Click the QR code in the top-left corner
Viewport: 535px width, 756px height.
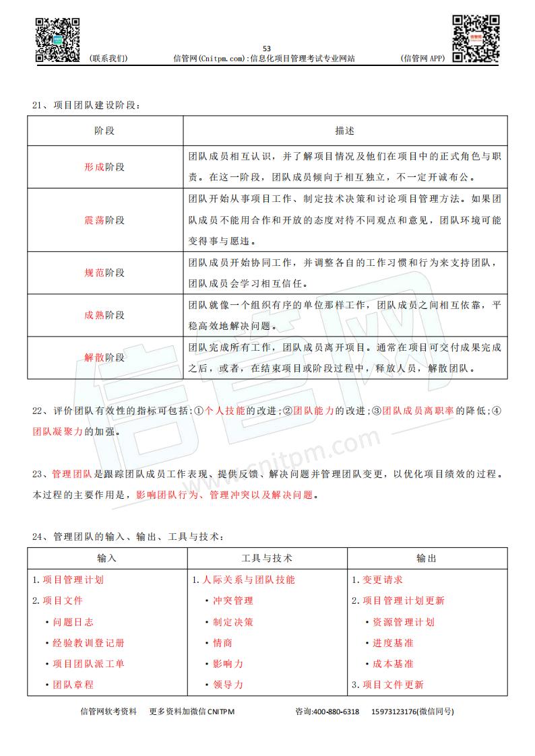[58, 40]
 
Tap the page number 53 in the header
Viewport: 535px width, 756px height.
[266, 48]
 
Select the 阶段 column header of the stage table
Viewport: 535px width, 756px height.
[104, 131]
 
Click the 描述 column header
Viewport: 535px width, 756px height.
[344, 131]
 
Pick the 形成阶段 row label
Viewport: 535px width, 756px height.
[104, 167]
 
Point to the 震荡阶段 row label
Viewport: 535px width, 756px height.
[104, 220]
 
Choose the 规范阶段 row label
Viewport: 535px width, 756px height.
[104, 273]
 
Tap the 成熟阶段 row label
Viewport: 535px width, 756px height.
[104, 315]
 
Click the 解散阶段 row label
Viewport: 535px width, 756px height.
[104, 357]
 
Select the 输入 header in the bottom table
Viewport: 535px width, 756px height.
[107, 558]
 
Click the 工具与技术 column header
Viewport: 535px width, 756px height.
[267, 558]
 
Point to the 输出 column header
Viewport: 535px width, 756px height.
[427, 558]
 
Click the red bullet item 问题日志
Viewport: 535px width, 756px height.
[73, 622]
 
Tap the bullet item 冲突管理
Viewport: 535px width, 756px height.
[232, 600]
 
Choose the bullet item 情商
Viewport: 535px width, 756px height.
[222, 643]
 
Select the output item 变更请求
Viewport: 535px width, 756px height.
[382, 580]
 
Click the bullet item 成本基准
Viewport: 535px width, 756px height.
[393, 664]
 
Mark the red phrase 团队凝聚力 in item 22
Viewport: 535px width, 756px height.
[58, 432]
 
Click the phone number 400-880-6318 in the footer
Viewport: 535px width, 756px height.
[336, 712]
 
